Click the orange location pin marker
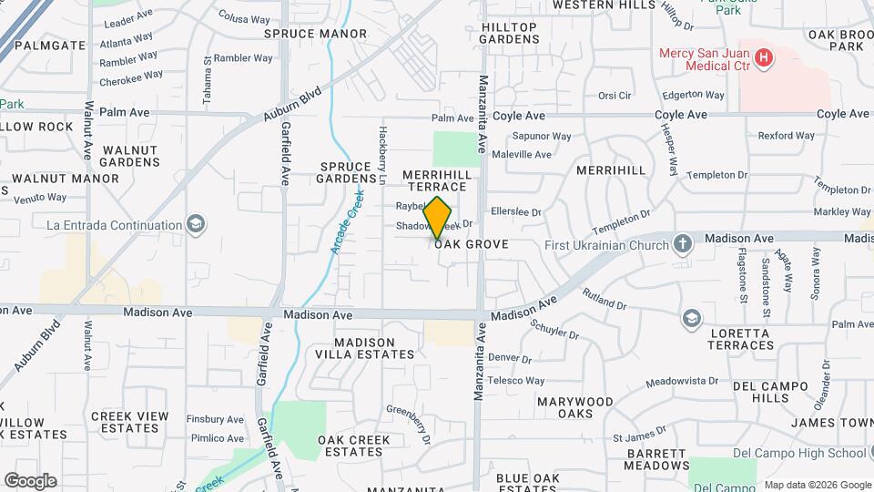[438, 218]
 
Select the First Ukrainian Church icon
[684, 244]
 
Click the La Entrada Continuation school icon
[195, 224]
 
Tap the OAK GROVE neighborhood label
[471, 244]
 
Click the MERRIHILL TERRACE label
[440, 179]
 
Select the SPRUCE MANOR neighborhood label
[315, 34]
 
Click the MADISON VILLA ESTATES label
[374, 348]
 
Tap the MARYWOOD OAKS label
[574, 407]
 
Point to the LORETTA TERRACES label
[739, 339]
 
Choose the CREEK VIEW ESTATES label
[130, 422]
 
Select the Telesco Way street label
[516, 380]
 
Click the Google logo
[30, 480]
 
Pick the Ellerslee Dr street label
[515, 212]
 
